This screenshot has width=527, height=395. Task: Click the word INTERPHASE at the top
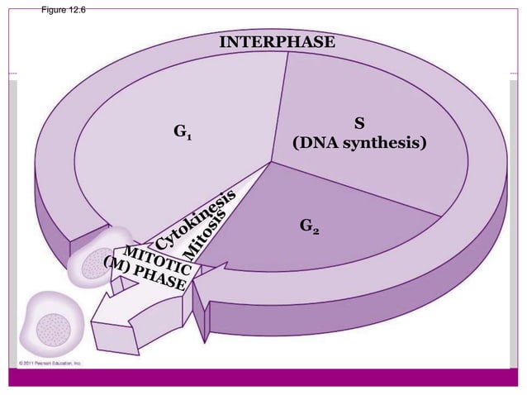(x=276, y=41)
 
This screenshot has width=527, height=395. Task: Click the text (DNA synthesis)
(x=360, y=144)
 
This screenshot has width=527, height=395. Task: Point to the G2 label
(x=310, y=226)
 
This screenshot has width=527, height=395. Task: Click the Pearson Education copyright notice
(x=50, y=363)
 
